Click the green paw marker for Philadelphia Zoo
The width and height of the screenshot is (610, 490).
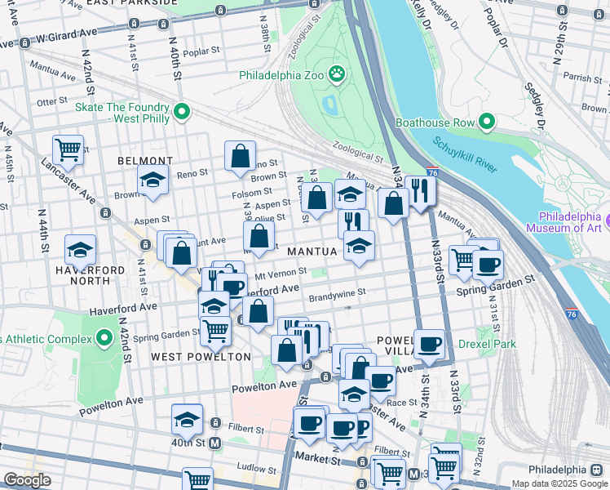[x=337, y=75]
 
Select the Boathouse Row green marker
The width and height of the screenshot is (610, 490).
[x=487, y=122]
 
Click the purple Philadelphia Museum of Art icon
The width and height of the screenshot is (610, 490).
[x=608, y=220]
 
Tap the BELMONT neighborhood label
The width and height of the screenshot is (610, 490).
[x=145, y=161]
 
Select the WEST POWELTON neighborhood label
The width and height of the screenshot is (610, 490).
[x=201, y=357]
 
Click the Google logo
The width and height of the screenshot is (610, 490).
[x=27, y=480]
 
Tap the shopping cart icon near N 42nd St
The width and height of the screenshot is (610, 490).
[x=69, y=149]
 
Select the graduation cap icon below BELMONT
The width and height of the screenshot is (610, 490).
[x=152, y=180]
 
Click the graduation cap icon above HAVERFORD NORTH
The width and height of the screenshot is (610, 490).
[x=80, y=248]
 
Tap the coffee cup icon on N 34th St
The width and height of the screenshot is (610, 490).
[x=429, y=343]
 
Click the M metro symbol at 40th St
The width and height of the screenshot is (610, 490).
[x=215, y=443]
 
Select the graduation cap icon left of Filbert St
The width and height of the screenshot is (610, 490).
[x=187, y=418]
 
